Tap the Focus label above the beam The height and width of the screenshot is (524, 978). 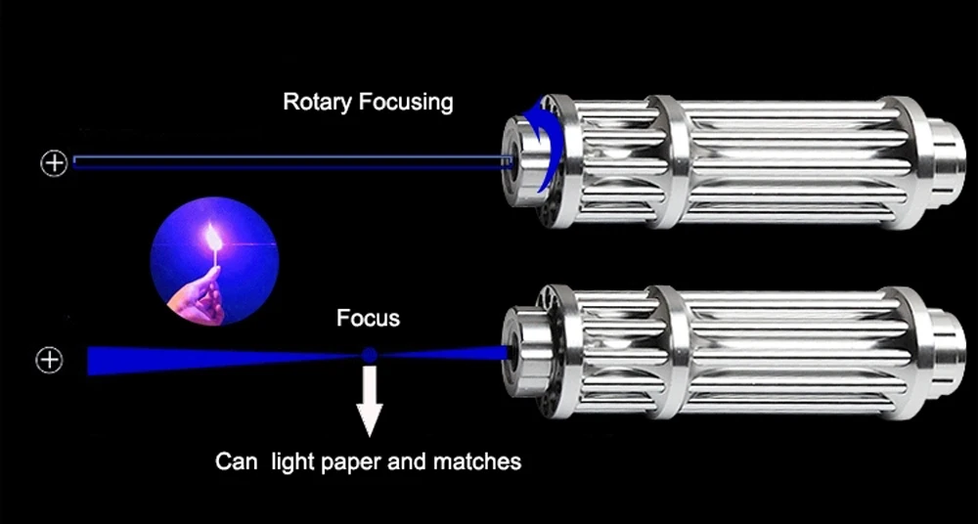pos(368,318)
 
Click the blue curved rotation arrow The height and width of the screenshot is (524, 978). pos(540,147)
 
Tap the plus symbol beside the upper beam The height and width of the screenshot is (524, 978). pos(54,163)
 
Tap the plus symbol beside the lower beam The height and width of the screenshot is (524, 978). pos(49,360)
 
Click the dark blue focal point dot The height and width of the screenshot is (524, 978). pos(369,356)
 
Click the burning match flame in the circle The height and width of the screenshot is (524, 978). pos(213,235)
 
